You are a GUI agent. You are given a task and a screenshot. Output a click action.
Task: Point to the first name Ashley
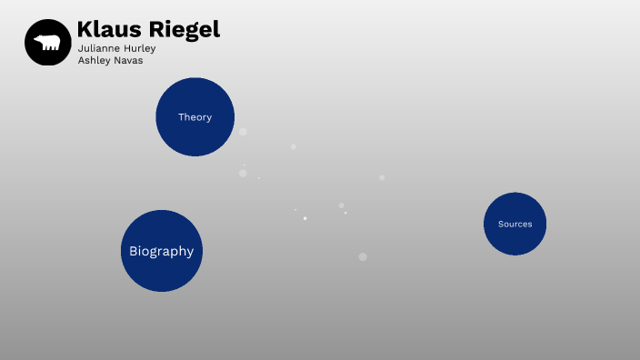click(x=94, y=60)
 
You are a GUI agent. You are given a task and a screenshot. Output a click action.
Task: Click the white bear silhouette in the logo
click(x=47, y=43)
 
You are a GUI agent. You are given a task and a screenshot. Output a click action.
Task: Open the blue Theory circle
click(x=195, y=116)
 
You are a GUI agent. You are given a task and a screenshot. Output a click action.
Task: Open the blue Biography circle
click(x=162, y=251)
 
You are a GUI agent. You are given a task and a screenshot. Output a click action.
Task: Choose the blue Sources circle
click(x=515, y=224)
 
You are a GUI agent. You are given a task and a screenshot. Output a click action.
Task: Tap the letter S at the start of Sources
click(x=501, y=224)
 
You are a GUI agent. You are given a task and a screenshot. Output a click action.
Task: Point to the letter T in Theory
click(x=181, y=117)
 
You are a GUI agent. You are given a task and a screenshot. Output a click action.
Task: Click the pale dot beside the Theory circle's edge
click(x=243, y=132)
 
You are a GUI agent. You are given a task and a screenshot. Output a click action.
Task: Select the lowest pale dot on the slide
click(x=363, y=256)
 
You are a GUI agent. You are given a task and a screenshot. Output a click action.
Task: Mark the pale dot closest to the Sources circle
click(x=382, y=177)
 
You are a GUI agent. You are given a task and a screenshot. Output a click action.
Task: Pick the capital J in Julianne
click(x=80, y=48)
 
